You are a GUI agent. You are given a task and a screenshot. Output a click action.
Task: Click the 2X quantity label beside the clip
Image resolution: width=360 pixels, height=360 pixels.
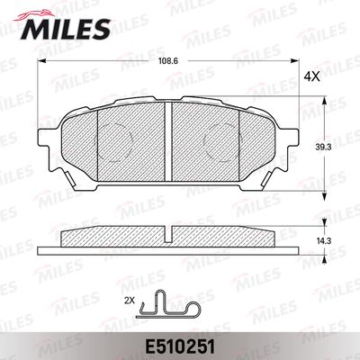point(130,301)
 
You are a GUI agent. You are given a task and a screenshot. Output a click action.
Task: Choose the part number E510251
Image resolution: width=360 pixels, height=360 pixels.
point(180,347)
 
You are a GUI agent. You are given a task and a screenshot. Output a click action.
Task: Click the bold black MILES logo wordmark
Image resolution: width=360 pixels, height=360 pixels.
point(65,29)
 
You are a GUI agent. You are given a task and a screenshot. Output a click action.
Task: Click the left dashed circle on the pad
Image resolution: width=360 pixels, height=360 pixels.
point(113,141)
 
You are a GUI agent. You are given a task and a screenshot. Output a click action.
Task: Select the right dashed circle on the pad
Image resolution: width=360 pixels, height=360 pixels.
point(222,141)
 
